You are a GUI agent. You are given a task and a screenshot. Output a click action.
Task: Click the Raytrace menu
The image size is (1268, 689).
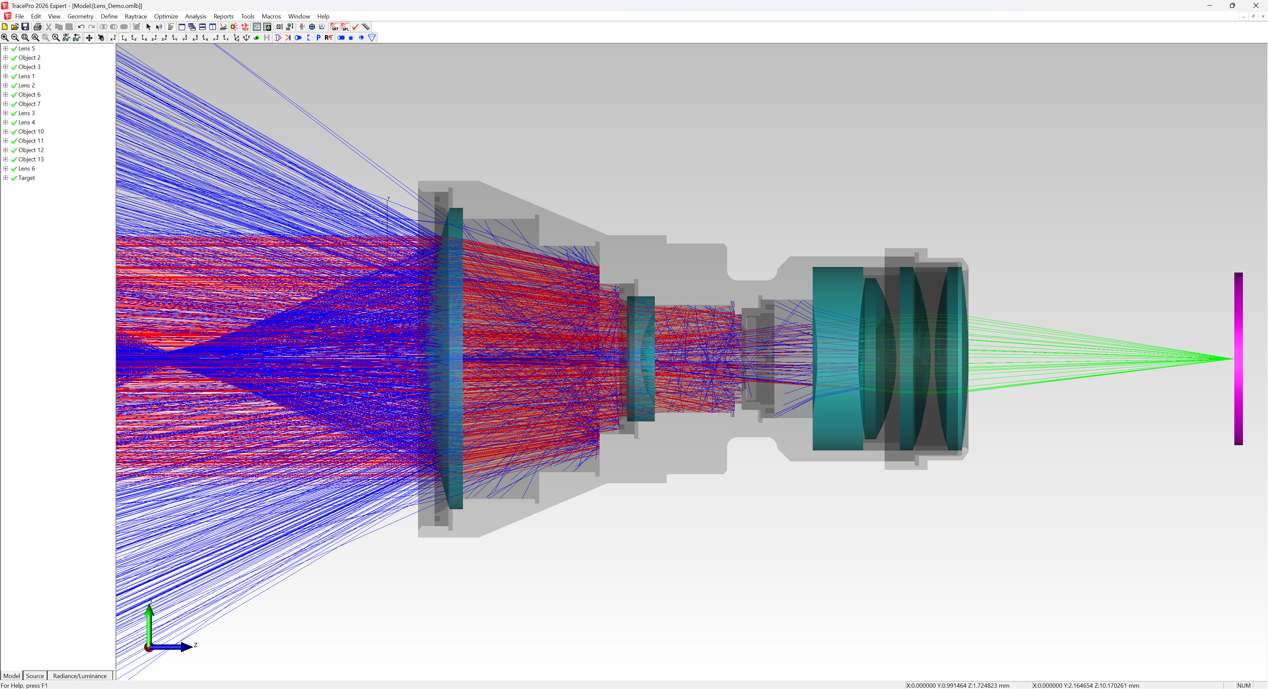pyautogui.click(x=135, y=16)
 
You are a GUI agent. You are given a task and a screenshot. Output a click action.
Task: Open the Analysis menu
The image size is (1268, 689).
pyautogui.click(x=195, y=16)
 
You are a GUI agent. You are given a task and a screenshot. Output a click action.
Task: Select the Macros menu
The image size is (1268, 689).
pyautogui.click(x=271, y=16)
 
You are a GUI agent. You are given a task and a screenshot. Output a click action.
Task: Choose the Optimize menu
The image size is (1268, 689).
pyautogui.click(x=166, y=16)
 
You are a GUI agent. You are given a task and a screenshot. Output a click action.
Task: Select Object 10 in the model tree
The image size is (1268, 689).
pyautogui.click(x=31, y=132)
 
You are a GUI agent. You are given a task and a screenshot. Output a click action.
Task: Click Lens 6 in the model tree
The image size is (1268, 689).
pyautogui.click(x=26, y=169)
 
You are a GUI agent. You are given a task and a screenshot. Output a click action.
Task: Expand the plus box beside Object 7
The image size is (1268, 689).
pyautogui.click(x=5, y=104)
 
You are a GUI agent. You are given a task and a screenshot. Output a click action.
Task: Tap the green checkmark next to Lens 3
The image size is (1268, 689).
pyautogui.click(x=14, y=114)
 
